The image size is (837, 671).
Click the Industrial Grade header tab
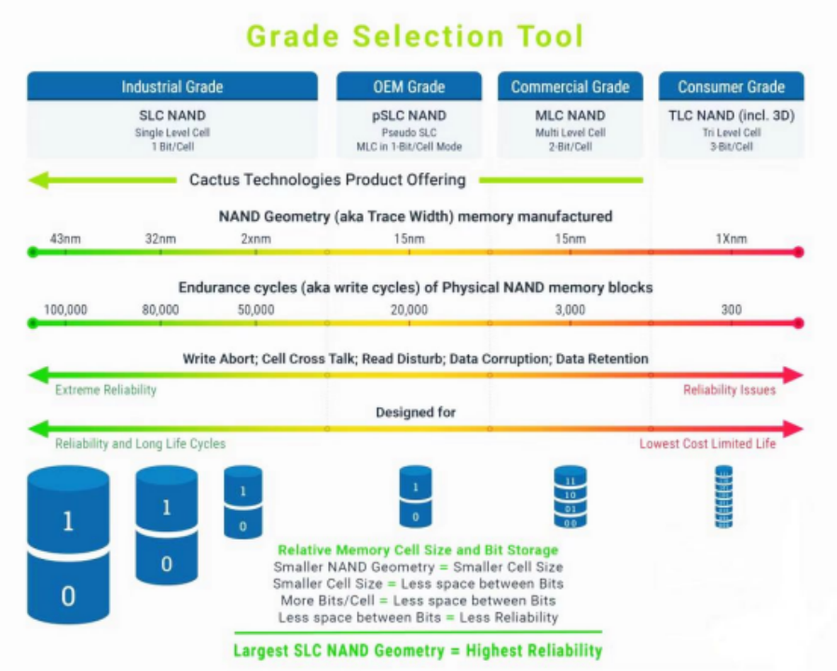(172, 87)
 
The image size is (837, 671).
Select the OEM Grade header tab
(408, 87)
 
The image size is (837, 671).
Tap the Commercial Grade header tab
(569, 87)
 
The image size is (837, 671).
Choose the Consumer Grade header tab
(731, 87)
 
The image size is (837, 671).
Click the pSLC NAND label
(408, 116)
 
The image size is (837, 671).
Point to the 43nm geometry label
(65, 240)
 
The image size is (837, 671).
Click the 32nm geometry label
(160, 240)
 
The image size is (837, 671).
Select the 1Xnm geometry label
(732, 240)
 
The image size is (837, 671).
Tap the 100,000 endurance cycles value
(65, 309)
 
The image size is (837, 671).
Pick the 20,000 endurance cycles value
(410, 309)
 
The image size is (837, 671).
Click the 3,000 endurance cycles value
(570, 309)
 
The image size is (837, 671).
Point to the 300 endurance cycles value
(732, 309)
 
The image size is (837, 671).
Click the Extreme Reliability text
(105, 390)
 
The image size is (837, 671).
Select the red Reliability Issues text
(729, 390)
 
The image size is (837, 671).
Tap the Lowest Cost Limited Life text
(707, 444)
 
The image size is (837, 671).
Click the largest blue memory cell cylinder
(68, 545)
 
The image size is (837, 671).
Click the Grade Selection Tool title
(415, 36)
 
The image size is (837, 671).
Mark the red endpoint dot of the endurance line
(798, 323)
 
